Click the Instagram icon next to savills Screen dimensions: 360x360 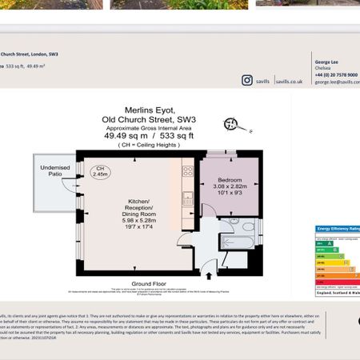click(x=247, y=80)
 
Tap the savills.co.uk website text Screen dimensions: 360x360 click(x=287, y=81)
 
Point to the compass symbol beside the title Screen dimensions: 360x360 click(x=234, y=123)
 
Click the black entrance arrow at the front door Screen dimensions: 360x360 click(x=210, y=275)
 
